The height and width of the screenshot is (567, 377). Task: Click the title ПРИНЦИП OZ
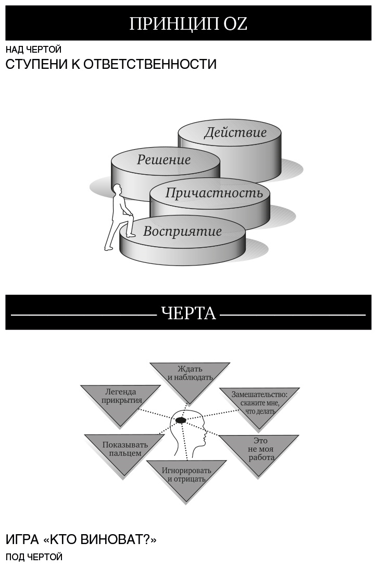[188, 24]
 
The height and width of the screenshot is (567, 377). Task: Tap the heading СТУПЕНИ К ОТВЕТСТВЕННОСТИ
[111, 65]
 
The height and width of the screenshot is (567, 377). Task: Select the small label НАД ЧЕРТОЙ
[34, 50]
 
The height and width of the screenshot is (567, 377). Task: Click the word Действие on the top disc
[235, 132]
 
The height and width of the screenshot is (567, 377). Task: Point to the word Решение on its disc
[164, 160]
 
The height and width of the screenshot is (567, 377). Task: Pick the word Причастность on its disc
[214, 193]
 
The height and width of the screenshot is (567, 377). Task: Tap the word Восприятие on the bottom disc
[182, 231]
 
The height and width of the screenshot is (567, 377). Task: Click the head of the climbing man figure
[118, 189]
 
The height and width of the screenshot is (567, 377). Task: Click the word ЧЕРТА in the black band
[188, 313]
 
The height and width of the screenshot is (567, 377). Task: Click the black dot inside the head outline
[181, 419]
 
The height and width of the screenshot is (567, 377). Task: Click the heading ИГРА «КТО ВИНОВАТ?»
[81, 539]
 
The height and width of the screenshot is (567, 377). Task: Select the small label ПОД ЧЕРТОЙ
[34, 557]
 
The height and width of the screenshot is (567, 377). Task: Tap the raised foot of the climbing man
[131, 235]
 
